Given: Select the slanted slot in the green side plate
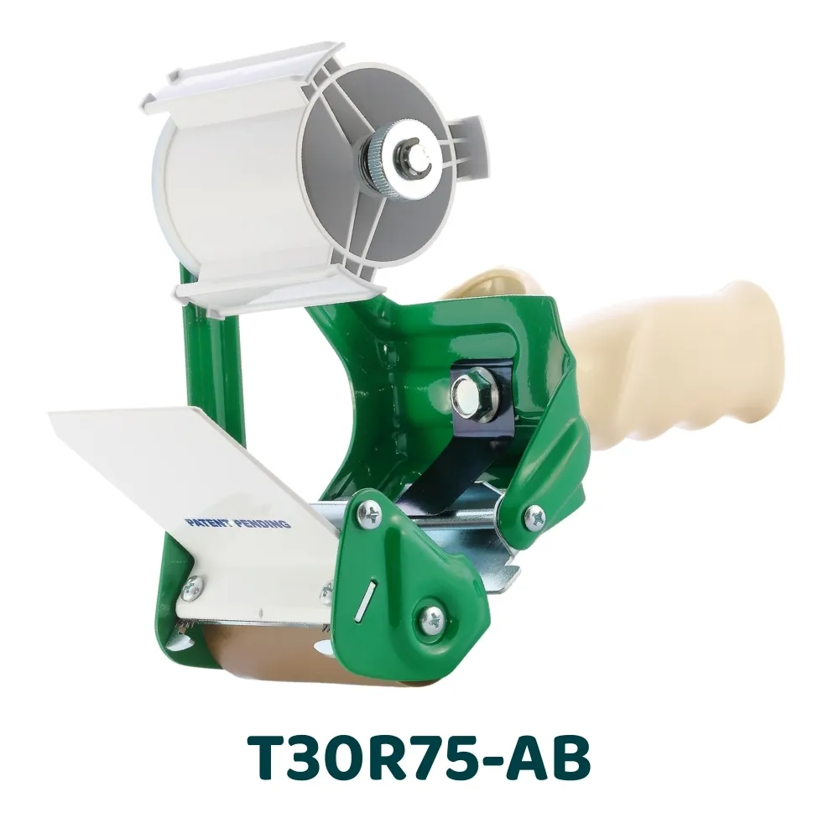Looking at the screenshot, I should [367, 604].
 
